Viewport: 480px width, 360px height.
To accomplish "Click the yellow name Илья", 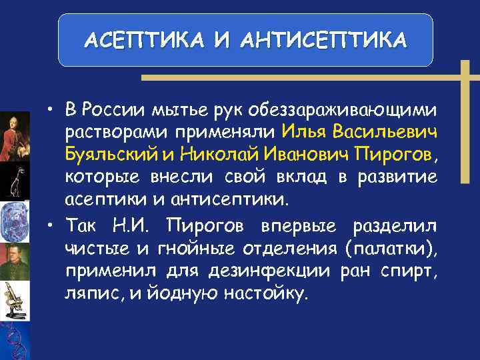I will (303, 131).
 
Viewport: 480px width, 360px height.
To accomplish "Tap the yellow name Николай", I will (215, 154).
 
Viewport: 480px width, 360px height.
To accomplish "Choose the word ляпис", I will (87, 294).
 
